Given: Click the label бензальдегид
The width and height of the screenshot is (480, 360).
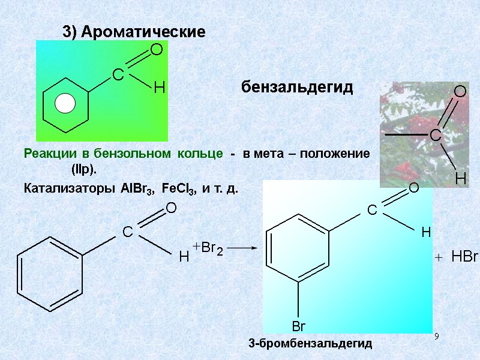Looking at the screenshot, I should coord(298,88).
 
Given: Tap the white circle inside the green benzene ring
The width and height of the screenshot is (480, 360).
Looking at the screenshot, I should coord(65,105).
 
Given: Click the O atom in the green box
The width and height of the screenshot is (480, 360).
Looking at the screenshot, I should coord(157,50).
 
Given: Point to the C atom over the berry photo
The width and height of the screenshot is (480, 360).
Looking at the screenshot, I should coord(435,136).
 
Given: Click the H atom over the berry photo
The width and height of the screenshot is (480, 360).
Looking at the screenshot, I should coord(460,178).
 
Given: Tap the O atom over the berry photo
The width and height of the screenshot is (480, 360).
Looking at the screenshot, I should coord(460,92).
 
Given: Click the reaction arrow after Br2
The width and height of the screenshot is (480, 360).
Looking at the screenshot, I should coord(243,247).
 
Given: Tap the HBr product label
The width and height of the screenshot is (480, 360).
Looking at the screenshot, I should coord(464,257).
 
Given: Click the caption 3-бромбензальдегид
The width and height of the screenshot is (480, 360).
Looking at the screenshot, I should coord(310,344).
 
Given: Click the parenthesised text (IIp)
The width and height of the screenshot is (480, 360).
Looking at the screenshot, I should coord(84,170).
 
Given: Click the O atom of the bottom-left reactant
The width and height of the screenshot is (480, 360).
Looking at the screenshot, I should coord(170,208).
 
